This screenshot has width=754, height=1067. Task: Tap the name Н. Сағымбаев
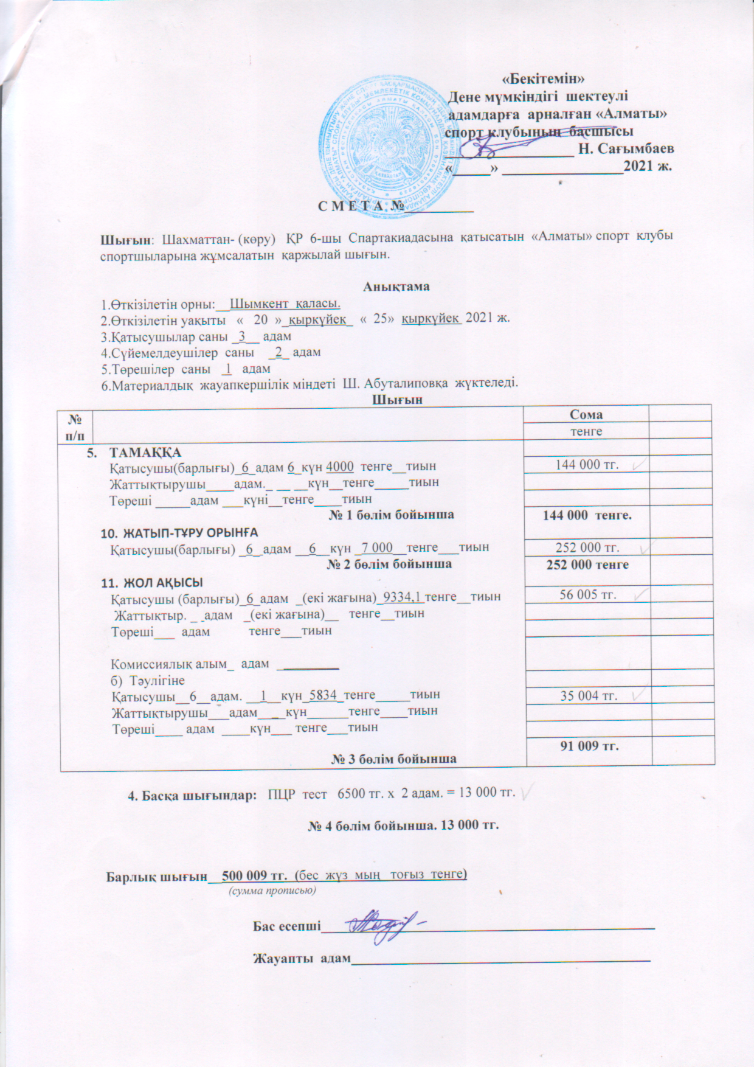point(626,148)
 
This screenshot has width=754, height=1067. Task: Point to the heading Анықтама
point(396,287)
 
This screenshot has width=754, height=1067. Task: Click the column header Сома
point(586,414)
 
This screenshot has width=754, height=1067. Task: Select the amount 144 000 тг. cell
point(587,465)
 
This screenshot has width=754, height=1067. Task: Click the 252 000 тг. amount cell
point(587,547)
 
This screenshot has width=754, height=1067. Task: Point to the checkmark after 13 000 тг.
point(529,791)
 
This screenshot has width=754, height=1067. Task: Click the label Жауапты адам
point(302,959)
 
